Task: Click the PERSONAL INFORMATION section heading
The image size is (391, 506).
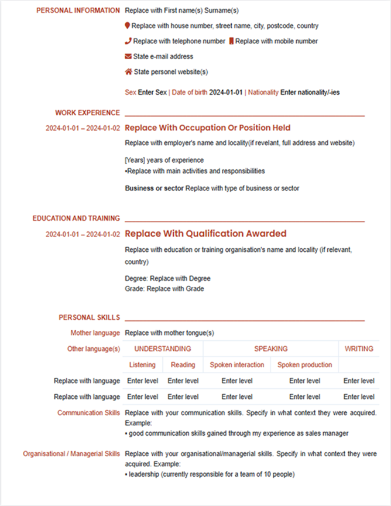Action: coord(78,11)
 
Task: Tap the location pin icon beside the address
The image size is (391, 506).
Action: coord(128,26)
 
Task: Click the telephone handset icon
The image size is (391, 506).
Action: coord(128,42)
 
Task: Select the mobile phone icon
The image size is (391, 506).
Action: coord(231,42)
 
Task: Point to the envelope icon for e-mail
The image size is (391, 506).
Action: coord(128,57)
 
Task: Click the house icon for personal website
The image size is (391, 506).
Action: coord(128,72)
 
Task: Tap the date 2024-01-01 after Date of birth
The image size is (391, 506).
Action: coord(226,93)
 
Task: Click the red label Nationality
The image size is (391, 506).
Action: coord(263,93)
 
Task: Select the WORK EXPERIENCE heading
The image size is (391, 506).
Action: coord(87,112)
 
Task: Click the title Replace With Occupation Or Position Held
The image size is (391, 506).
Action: coord(208,128)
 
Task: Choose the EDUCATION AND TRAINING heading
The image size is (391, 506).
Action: coord(76,218)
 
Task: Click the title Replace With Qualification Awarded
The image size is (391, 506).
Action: coord(205,234)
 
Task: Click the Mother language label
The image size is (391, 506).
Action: coord(95,333)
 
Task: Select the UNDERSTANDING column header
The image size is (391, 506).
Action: coord(163,349)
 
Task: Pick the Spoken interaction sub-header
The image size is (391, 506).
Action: coord(237,365)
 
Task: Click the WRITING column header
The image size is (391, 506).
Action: coord(359,349)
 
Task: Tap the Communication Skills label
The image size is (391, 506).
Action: coord(88,413)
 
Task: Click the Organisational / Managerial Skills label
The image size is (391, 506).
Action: coord(71,454)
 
